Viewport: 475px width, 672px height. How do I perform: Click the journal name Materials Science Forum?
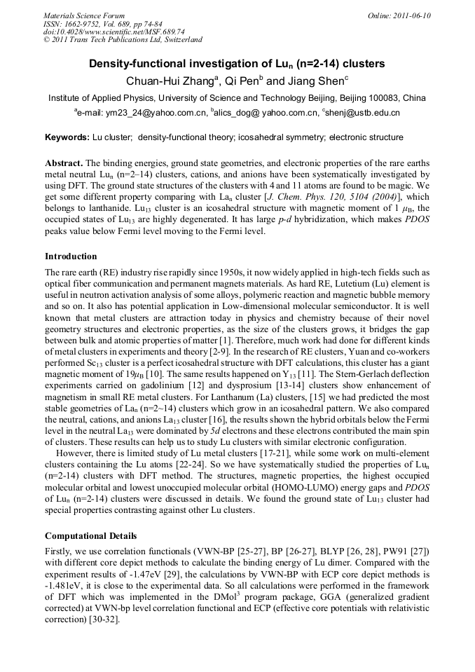[84, 15]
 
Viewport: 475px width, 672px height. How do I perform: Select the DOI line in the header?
[113, 32]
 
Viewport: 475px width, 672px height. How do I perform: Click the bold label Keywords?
[67, 137]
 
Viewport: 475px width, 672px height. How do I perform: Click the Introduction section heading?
[71, 256]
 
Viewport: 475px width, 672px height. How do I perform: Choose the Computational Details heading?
[90, 536]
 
